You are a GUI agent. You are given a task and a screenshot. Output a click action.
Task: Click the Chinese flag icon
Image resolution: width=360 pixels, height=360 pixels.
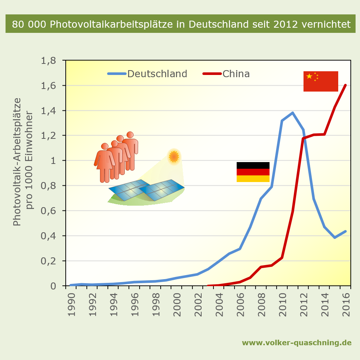point(320,81)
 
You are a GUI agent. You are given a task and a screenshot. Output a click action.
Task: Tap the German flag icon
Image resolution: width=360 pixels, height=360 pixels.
point(253,172)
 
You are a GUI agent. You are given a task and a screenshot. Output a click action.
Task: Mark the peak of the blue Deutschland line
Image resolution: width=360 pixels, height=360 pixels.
point(292,113)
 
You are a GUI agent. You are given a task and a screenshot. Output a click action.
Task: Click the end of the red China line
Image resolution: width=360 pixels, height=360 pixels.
point(346,85)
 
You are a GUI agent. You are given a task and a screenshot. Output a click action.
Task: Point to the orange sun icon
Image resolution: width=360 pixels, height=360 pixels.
point(174,157)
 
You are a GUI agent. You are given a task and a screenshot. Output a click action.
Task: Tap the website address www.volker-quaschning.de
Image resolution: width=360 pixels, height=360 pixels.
point(296,343)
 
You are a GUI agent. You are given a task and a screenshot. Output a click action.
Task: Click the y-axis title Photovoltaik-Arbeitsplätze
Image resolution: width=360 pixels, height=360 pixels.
point(17,162)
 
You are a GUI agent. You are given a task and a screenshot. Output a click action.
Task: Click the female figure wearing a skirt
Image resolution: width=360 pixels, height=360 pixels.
point(105,162)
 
